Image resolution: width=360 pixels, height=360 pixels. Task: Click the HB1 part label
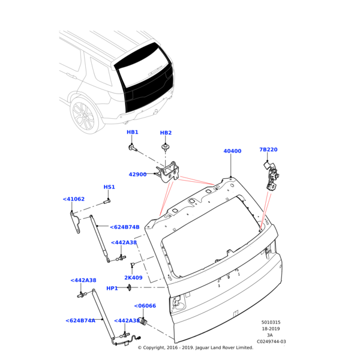pos(133,132)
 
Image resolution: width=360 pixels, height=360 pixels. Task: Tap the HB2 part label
pos(166,133)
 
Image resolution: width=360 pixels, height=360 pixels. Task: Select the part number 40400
pos(232,151)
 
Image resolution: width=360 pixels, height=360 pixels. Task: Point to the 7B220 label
pos(268,149)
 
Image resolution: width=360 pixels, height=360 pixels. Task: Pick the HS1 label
pos(109,187)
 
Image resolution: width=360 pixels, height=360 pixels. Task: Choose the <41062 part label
pos(74,199)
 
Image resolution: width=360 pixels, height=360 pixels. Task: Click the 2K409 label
pos(133,278)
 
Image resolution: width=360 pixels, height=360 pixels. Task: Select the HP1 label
pos(112,289)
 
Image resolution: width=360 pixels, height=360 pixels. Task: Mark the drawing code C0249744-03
pos(271,341)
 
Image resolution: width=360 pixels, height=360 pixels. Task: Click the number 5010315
pos(271,322)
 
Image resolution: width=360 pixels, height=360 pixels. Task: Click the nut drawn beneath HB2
pos(165,146)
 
